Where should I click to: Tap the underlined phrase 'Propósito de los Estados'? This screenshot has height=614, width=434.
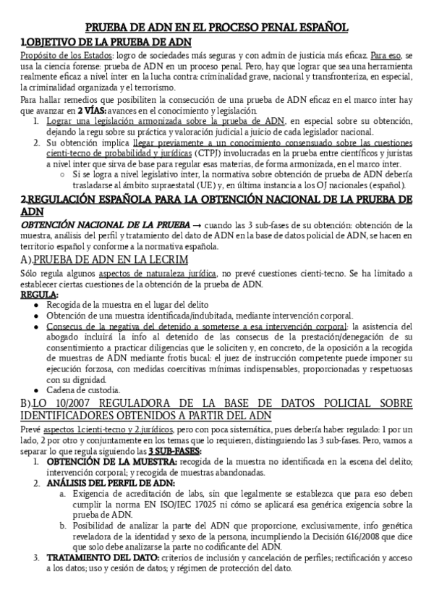pyautogui.click(x=63, y=55)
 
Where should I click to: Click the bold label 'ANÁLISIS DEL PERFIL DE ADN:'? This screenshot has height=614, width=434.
pyautogui.click(x=110, y=481)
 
